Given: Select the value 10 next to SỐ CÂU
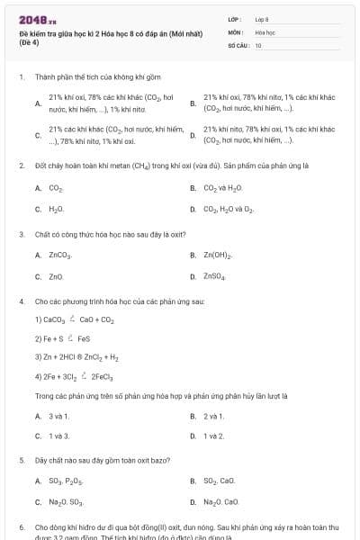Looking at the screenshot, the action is (258, 45).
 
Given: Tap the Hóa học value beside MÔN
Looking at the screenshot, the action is (265, 31).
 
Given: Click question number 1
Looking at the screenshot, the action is (21, 77).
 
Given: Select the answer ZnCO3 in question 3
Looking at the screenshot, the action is (60, 256).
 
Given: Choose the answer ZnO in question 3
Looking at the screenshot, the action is (56, 276).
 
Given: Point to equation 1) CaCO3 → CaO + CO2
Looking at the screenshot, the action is (74, 319).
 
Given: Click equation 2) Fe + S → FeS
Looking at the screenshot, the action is (62, 338).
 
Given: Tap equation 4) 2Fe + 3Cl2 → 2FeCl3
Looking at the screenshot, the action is (74, 377).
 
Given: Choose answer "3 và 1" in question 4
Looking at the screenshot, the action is (58, 416).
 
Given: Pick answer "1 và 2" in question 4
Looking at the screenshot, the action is (213, 436).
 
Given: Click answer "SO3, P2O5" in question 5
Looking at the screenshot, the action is (65, 481).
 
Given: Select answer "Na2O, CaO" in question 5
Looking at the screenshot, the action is (220, 502).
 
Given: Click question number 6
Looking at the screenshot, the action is (21, 526).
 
